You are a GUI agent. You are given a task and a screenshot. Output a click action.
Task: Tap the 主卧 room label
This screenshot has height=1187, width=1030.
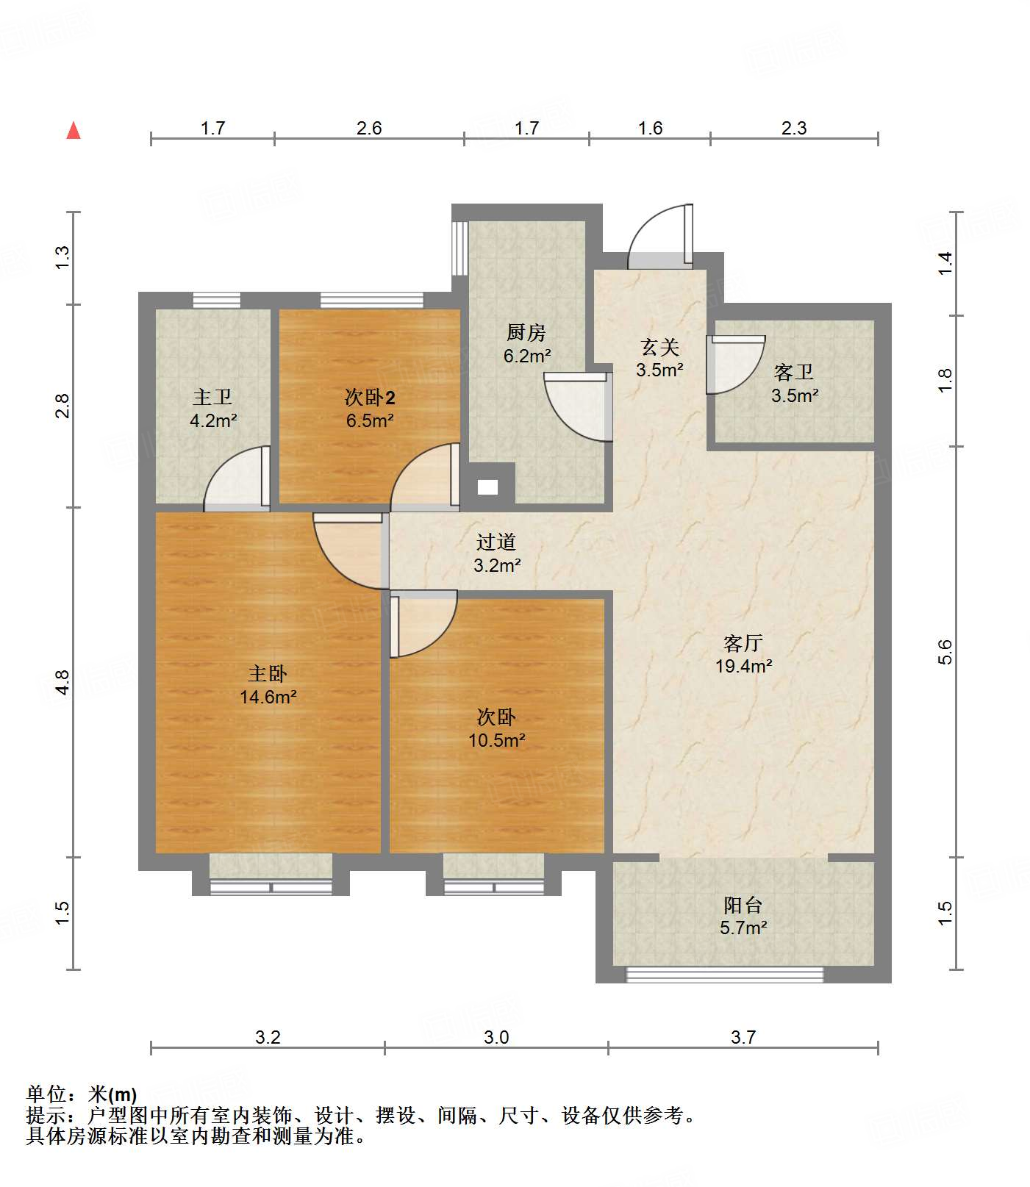[268, 673]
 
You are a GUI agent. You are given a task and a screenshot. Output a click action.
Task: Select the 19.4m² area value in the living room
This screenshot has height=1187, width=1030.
[743, 666]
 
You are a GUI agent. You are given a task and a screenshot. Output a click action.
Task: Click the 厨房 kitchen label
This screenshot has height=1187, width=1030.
[526, 332]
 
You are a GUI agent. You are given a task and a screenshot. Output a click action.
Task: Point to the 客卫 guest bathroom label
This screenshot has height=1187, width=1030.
[794, 372]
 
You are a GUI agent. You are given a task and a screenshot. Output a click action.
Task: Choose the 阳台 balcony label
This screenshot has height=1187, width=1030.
[743, 905]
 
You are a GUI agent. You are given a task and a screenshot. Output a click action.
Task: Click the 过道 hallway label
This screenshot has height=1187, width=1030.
[496, 542]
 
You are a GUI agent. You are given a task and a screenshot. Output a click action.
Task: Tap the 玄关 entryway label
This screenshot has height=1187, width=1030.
[659, 346]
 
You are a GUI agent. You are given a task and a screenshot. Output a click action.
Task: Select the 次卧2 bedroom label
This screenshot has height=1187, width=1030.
[370, 398]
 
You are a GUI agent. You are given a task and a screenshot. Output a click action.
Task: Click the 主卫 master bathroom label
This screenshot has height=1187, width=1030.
[212, 397]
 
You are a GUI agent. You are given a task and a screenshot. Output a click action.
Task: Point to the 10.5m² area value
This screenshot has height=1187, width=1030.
[497, 740]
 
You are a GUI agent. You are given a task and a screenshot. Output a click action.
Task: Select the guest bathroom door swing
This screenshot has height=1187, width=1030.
[735, 365]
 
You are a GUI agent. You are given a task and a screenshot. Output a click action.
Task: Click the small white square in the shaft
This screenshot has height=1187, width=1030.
[487, 487]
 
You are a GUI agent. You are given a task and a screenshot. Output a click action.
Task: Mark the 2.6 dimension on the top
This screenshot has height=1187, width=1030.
[369, 128]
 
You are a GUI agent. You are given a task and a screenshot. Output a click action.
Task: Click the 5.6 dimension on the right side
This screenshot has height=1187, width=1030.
[945, 652]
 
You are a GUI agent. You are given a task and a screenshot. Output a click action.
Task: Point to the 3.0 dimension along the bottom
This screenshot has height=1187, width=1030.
[496, 1037]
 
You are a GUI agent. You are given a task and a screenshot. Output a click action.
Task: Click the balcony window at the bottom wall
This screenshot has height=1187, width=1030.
[725, 975]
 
